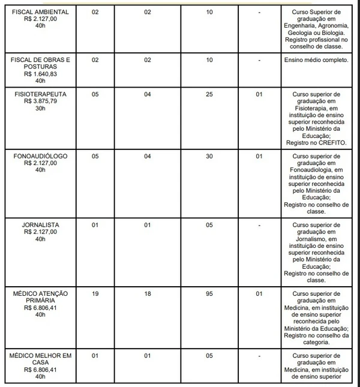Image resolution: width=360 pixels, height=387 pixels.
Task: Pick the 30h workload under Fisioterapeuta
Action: [41, 109]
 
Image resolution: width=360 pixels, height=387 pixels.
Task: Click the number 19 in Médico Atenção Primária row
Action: [95, 293]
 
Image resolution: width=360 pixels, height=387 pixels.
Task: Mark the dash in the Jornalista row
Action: [259, 225]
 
